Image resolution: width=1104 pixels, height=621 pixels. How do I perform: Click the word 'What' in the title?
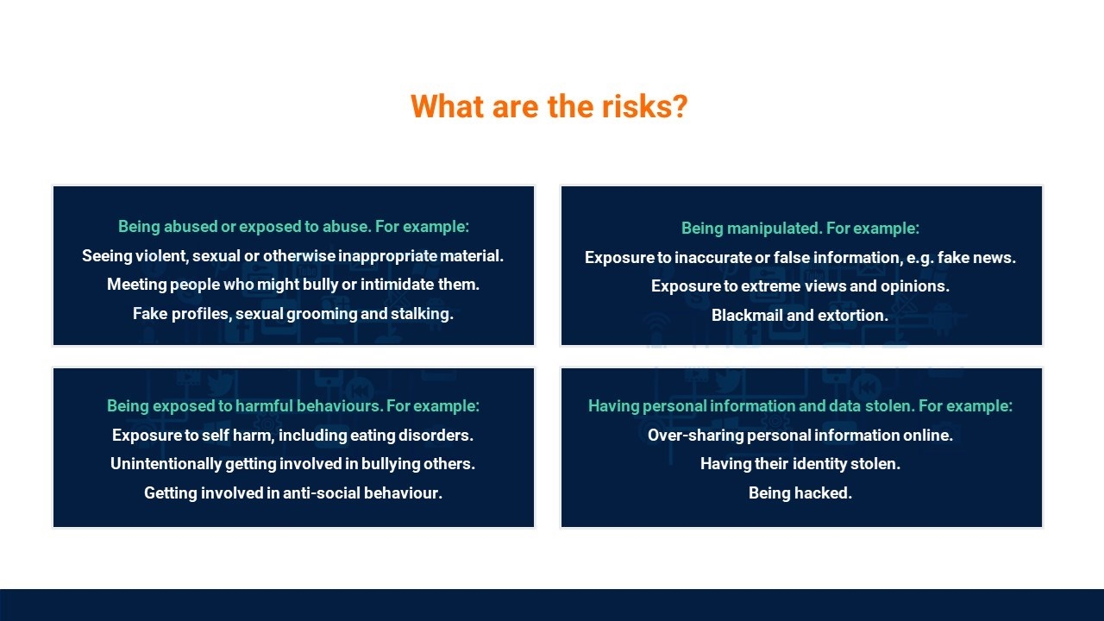click(x=447, y=106)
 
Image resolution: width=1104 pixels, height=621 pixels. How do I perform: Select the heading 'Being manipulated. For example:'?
click(x=800, y=229)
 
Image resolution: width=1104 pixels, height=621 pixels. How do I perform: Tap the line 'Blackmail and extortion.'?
click(x=800, y=315)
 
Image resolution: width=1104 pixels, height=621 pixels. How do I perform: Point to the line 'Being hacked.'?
click(x=800, y=492)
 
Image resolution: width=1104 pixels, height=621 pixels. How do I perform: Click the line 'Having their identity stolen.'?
click(x=800, y=464)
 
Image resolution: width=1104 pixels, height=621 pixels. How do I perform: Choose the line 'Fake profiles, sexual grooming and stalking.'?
click(x=293, y=314)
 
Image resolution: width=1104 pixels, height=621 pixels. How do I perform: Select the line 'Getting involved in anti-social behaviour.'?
click(x=293, y=492)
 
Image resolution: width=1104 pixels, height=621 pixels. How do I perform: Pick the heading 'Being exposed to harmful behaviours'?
click(x=244, y=406)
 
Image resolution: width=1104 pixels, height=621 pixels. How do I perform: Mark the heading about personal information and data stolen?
click(x=800, y=406)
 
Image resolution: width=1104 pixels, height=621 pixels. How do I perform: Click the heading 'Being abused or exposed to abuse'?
click(x=243, y=227)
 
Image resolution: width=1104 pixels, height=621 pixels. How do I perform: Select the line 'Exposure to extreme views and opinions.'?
click(x=800, y=286)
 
